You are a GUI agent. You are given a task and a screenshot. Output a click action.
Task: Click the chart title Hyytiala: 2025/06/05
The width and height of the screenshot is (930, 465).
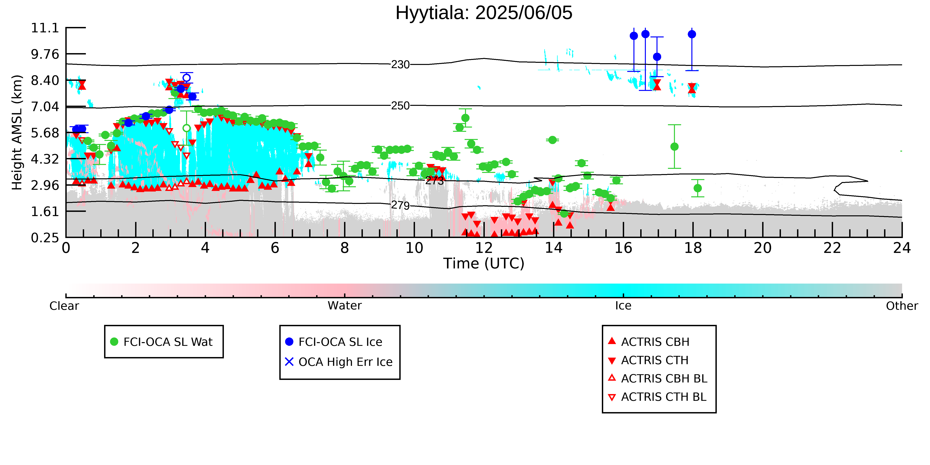pyautogui.click(x=484, y=13)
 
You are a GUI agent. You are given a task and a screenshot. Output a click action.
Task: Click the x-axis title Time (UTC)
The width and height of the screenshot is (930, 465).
pyautogui.click(x=484, y=264)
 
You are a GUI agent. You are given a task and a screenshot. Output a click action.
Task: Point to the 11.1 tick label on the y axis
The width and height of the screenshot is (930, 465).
pyautogui.click(x=45, y=28)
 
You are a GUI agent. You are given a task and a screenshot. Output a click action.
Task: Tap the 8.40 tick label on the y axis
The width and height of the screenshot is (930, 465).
pyautogui.click(x=45, y=80)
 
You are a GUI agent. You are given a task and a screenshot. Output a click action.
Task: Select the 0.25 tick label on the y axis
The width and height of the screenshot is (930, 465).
pyautogui.click(x=45, y=238)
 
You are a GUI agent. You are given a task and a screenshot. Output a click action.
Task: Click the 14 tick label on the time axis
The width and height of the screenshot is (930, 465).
pyautogui.click(x=553, y=248)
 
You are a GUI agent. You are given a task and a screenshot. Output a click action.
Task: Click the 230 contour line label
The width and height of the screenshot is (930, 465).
pyautogui.click(x=400, y=65)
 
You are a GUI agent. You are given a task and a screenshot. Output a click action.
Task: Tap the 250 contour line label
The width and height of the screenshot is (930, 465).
pyautogui.click(x=400, y=106)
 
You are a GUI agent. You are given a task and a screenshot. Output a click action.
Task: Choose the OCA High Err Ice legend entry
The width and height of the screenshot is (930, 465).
pyautogui.click(x=339, y=362)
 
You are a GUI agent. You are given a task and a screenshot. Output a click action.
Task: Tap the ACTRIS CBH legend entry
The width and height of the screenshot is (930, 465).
pyautogui.click(x=649, y=342)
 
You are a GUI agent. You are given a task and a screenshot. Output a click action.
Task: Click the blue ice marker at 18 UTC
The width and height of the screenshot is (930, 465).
pyautogui.click(x=692, y=34)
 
